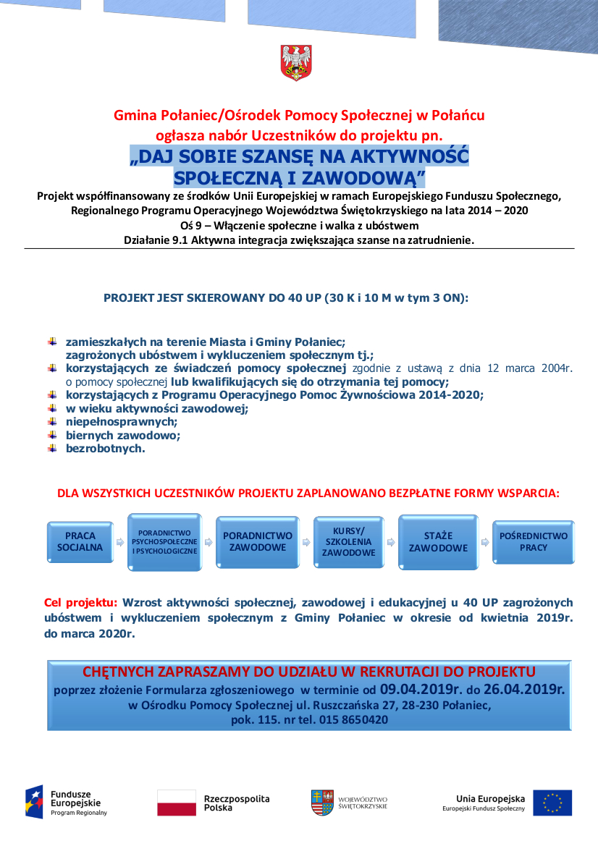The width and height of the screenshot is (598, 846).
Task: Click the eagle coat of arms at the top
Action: click(x=295, y=62)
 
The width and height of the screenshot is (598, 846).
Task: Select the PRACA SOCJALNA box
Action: click(x=80, y=542)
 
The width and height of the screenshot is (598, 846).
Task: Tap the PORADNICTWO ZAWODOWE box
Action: click(x=258, y=542)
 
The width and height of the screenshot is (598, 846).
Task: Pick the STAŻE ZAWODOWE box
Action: click(x=438, y=542)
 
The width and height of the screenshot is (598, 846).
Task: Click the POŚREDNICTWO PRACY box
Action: click(x=534, y=542)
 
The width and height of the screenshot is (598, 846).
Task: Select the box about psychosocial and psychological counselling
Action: click(x=164, y=542)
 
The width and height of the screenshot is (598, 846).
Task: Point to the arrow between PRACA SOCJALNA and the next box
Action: click(x=120, y=542)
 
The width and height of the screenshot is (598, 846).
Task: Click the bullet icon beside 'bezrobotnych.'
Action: click(x=52, y=448)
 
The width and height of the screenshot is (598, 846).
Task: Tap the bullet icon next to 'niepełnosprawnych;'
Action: click(x=52, y=421)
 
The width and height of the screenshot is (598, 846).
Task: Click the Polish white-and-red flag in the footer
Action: click(x=177, y=803)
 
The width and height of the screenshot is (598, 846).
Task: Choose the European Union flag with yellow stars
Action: click(x=552, y=803)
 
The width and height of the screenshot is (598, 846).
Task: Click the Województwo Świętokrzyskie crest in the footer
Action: click(x=322, y=803)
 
